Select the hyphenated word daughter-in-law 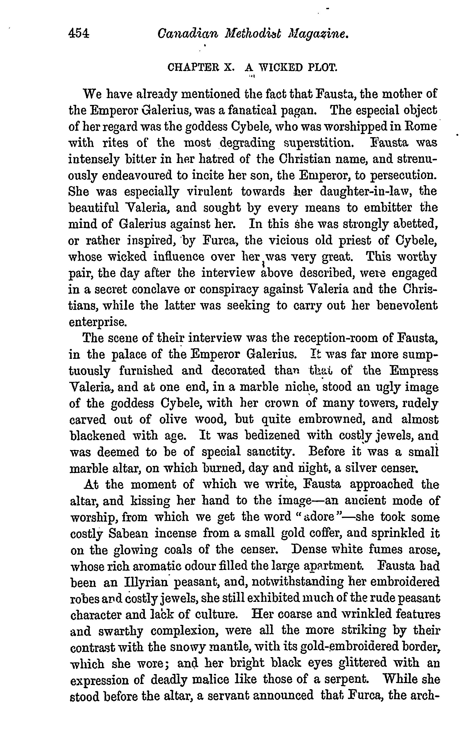362,191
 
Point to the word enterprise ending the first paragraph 97,322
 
